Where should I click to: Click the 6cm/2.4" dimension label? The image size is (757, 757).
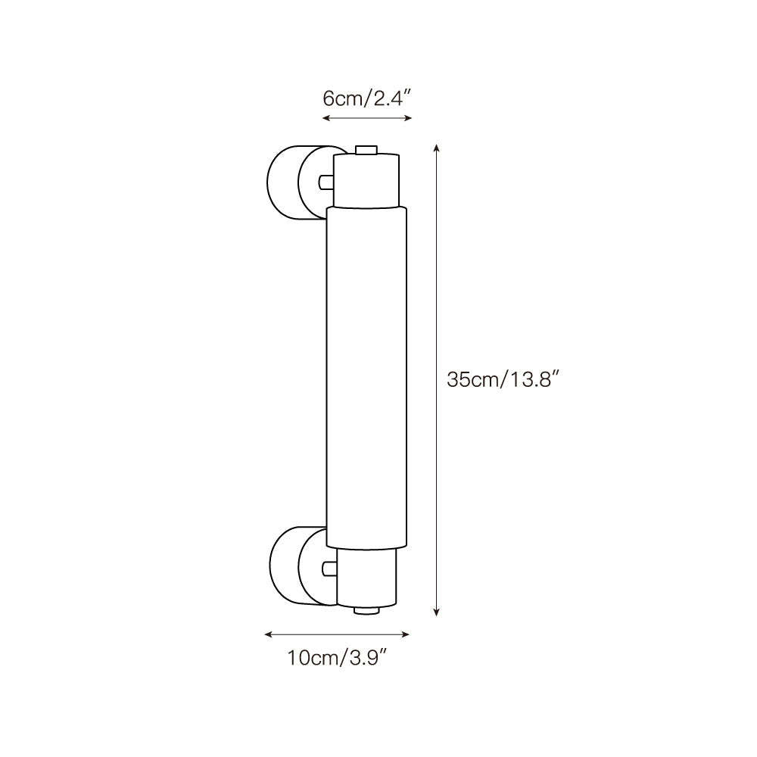(x=366, y=99)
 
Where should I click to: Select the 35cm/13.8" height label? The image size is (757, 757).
(x=503, y=379)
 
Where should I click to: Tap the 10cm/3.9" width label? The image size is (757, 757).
(x=338, y=658)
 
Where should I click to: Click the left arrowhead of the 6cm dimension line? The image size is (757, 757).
(x=326, y=118)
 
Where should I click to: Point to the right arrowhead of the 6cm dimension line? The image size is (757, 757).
(x=409, y=118)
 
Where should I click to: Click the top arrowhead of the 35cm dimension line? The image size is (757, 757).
(x=437, y=148)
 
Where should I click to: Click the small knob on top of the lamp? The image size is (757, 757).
(x=366, y=150)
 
